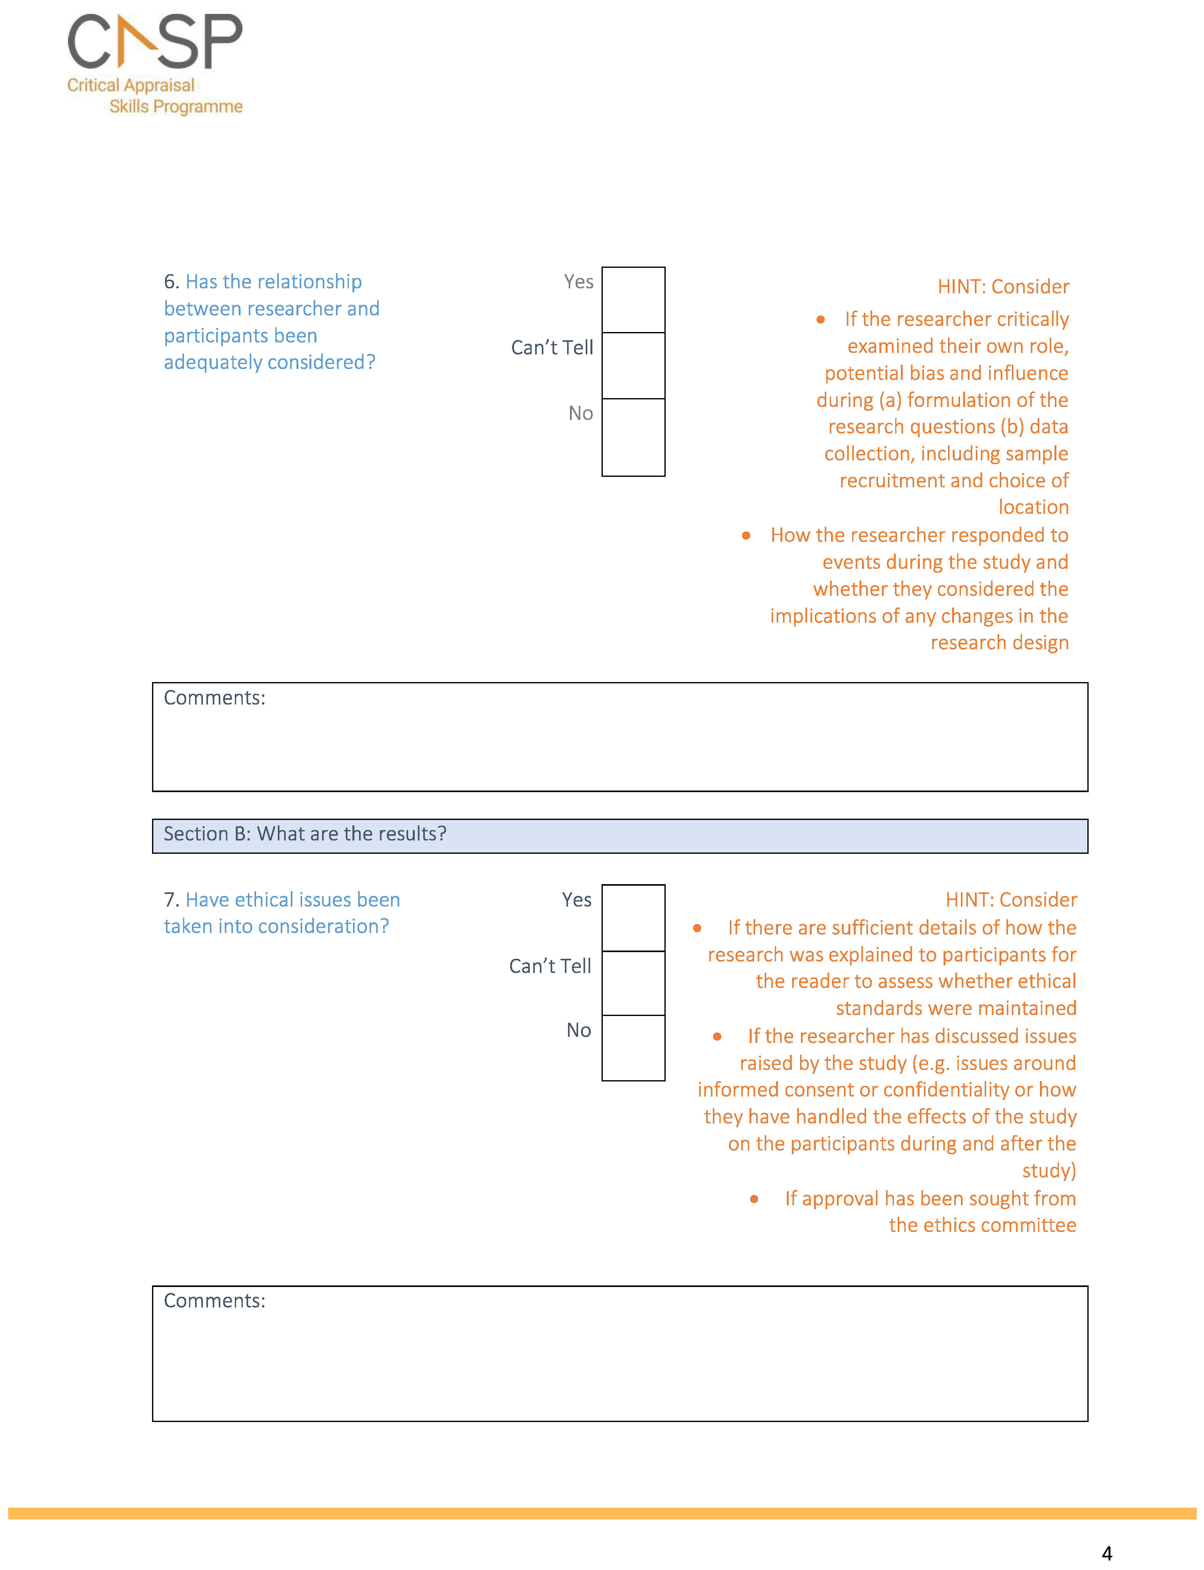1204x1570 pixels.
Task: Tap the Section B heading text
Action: pyautogui.click(x=305, y=834)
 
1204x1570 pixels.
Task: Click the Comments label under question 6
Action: pyautogui.click(x=214, y=698)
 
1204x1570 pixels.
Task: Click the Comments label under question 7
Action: pyautogui.click(x=214, y=1301)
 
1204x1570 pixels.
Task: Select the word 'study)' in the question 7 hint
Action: pyautogui.click(x=1048, y=1171)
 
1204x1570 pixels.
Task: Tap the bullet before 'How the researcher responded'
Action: pyautogui.click(x=746, y=536)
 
